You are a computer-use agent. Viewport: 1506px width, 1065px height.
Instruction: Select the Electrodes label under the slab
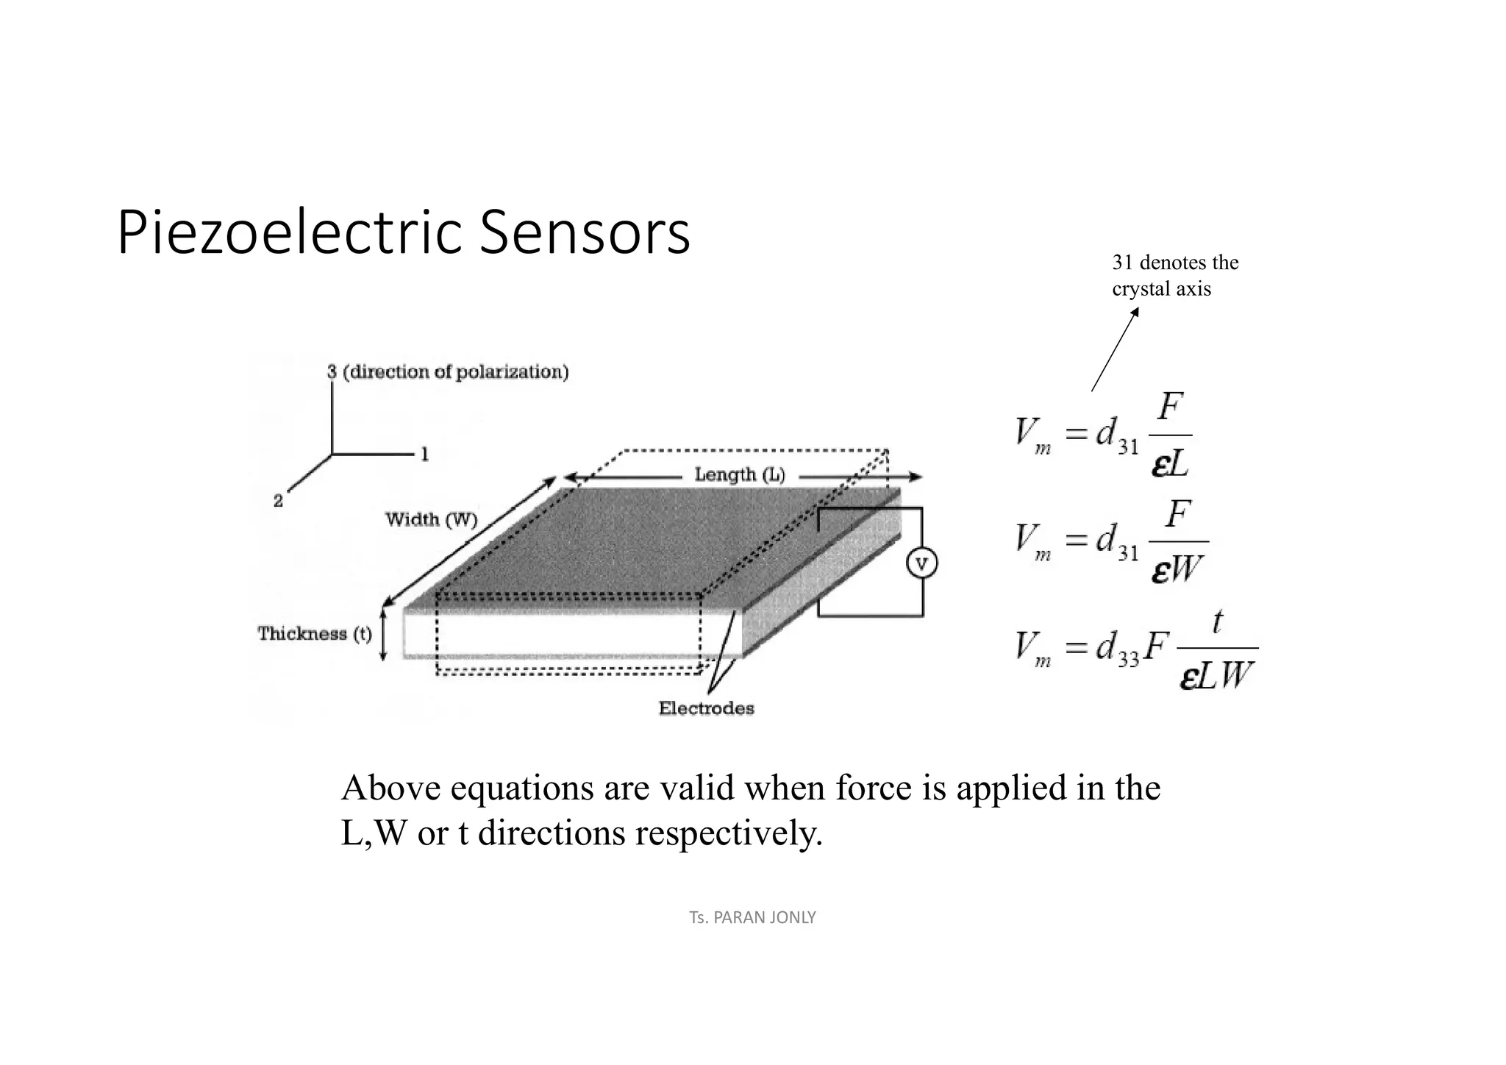point(706,708)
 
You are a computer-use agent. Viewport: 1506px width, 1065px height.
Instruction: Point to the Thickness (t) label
point(314,633)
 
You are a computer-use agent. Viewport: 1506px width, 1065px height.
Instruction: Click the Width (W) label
point(431,520)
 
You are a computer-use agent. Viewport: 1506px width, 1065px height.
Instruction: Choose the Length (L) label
point(739,475)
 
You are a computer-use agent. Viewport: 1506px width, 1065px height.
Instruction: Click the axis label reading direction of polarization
point(456,372)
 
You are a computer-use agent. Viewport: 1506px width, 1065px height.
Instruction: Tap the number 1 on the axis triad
point(424,455)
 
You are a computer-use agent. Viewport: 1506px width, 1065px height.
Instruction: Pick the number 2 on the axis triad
point(278,502)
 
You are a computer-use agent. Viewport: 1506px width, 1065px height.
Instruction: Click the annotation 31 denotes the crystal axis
point(1174,275)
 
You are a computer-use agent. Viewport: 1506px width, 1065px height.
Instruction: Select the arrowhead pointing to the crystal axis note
point(1135,312)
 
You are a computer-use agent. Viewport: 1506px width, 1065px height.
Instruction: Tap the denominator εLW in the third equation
point(1217,675)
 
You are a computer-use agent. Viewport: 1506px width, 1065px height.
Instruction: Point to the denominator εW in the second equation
point(1177,568)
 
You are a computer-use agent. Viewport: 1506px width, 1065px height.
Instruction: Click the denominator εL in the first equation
point(1170,463)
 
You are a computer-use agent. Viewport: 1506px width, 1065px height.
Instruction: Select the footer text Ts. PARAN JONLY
point(752,917)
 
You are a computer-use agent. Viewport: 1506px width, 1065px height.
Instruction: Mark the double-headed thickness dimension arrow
point(383,633)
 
